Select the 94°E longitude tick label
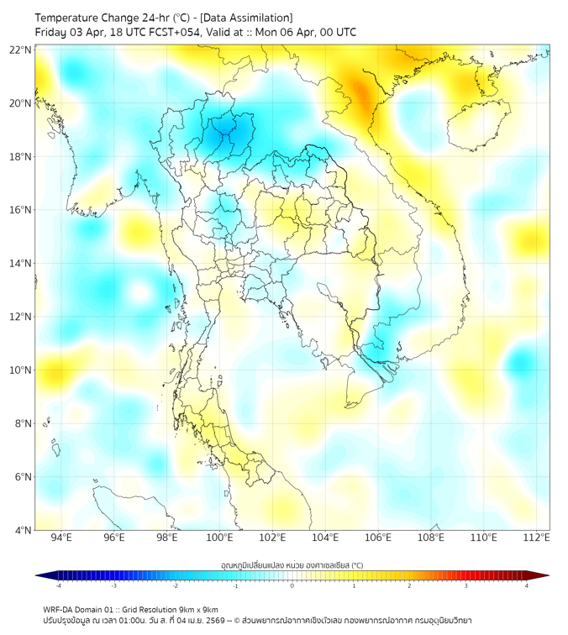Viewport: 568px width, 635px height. [x=61, y=538]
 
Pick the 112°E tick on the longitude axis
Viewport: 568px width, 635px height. [x=536, y=538]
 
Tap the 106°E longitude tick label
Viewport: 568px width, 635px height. [x=378, y=538]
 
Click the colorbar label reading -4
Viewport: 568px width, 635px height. [x=58, y=585]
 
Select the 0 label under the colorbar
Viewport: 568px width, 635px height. [x=292, y=585]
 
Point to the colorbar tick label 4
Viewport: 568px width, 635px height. [x=526, y=585]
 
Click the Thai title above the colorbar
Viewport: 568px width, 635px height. [x=292, y=564]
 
